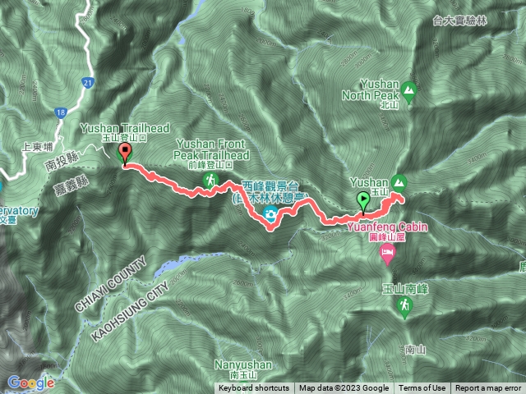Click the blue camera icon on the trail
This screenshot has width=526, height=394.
pos(269,215)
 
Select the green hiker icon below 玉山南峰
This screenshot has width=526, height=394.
pos(404,306)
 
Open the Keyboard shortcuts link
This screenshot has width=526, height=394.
pos(253,388)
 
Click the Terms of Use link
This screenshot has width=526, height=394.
pos(422,388)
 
